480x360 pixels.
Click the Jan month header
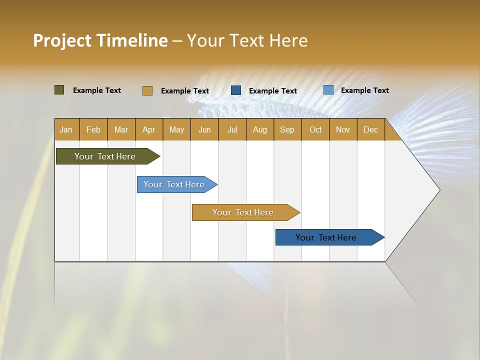[66, 129]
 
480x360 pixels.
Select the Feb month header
[93, 129]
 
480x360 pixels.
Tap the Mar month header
[121, 129]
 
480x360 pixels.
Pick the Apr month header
[149, 129]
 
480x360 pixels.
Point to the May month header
[176, 129]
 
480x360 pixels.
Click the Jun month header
[204, 129]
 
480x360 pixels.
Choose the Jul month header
[232, 129]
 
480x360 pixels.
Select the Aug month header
[260, 129]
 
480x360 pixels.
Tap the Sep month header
[287, 129]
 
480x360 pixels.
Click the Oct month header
[315, 129]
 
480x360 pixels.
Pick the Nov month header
[343, 129]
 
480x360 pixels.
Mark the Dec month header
[371, 129]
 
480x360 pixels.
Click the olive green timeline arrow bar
[105, 156]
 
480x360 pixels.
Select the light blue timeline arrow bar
[174, 184]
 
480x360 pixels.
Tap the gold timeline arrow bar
[243, 212]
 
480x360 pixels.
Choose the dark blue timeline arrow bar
[326, 237]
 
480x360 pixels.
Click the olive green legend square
[59, 90]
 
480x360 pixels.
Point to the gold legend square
[147, 90]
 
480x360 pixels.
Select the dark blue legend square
[236, 90]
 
